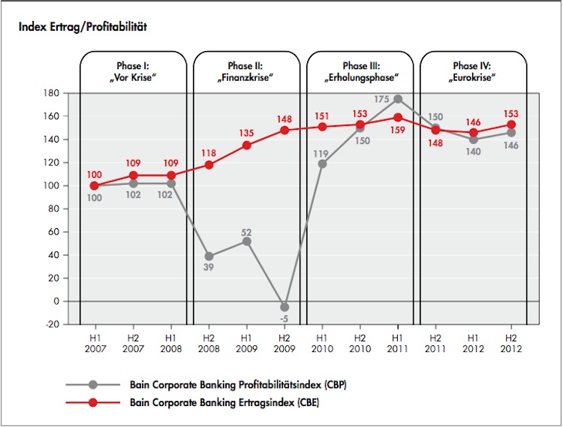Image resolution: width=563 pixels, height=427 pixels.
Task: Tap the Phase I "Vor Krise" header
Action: click(x=133, y=71)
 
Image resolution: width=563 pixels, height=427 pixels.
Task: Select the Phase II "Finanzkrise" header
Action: click(x=246, y=71)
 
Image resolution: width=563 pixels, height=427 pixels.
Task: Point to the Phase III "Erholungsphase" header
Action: click(x=360, y=71)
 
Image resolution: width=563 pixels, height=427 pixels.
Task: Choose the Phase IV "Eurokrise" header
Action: click(x=474, y=71)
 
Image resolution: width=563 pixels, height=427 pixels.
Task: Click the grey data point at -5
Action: click(x=285, y=307)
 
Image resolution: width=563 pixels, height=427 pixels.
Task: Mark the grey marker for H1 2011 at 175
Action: click(x=398, y=99)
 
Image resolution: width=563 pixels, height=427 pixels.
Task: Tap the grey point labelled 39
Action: click(x=209, y=256)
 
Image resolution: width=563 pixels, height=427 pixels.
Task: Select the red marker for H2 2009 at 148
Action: click(x=285, y=130)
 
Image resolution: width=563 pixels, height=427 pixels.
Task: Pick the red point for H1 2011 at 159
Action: click(x=398, y=117)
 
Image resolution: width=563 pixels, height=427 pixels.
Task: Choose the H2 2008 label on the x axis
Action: click(x=209, y=341)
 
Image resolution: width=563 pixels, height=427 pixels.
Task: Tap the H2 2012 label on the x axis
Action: click(x=511, y=341)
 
